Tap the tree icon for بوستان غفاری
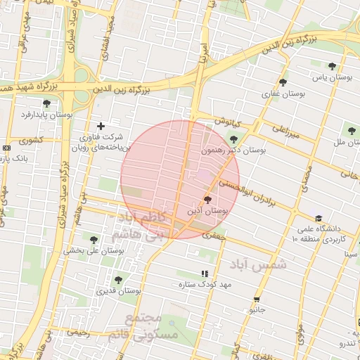pyautogui.click(x=283, y=82)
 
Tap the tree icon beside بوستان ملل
pyautogui.click(x=350, y=131)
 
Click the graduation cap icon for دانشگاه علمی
pyautogui.click(x=319, y=219)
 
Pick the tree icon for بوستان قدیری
pyautogui.click(x=117, y=279)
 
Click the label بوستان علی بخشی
pyautogui.click(x=85, y=250)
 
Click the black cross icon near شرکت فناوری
pyautogui.click(x=101, y=126)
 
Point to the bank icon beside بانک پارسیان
pyautogui.click(x=6, y=148)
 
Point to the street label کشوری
pyautogui.click(x=30, y=140)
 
